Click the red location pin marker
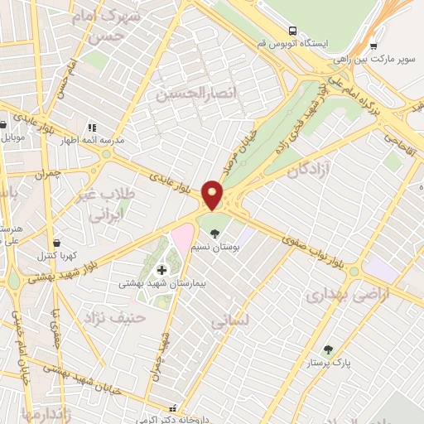click(x=213, y=195)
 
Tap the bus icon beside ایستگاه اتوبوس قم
click(x=291, y=31)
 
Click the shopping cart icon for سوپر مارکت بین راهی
click(x=374, y=46)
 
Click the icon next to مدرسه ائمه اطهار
click(x=91, y=128)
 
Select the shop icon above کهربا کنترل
click(x=56, y=243)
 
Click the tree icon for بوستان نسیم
click(x=216, y=233)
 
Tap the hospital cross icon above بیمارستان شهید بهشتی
click(x=161, y=270)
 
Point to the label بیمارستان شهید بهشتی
click(x=161, y=283)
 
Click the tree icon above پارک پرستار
click(x=329, y=349)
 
